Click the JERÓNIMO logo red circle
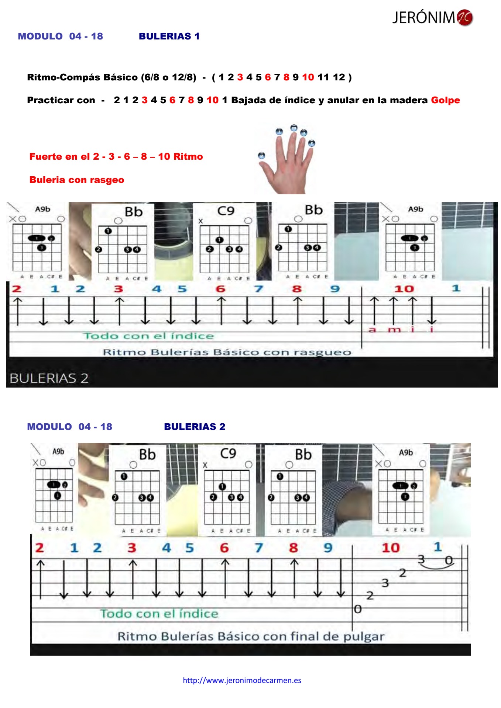[464, 17]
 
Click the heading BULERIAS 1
[169, 36]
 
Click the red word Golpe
[445, 100]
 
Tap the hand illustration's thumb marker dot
[261, 156]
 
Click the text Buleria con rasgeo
[77, 180]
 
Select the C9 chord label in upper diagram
[226, 211]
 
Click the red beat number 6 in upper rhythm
[220, 289]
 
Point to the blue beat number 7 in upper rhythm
[258, 289]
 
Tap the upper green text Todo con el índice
[148, 336]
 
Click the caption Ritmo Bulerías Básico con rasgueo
[227, 352]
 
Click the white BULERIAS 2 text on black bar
[49, 378]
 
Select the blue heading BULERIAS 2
[195, 427]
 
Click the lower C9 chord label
[228, 453]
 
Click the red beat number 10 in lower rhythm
[391, 548]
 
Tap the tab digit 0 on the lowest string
[357, 609]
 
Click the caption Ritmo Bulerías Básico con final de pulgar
[251, 636]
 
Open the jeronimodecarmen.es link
[242, 680]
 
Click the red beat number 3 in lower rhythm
[131, 548]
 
